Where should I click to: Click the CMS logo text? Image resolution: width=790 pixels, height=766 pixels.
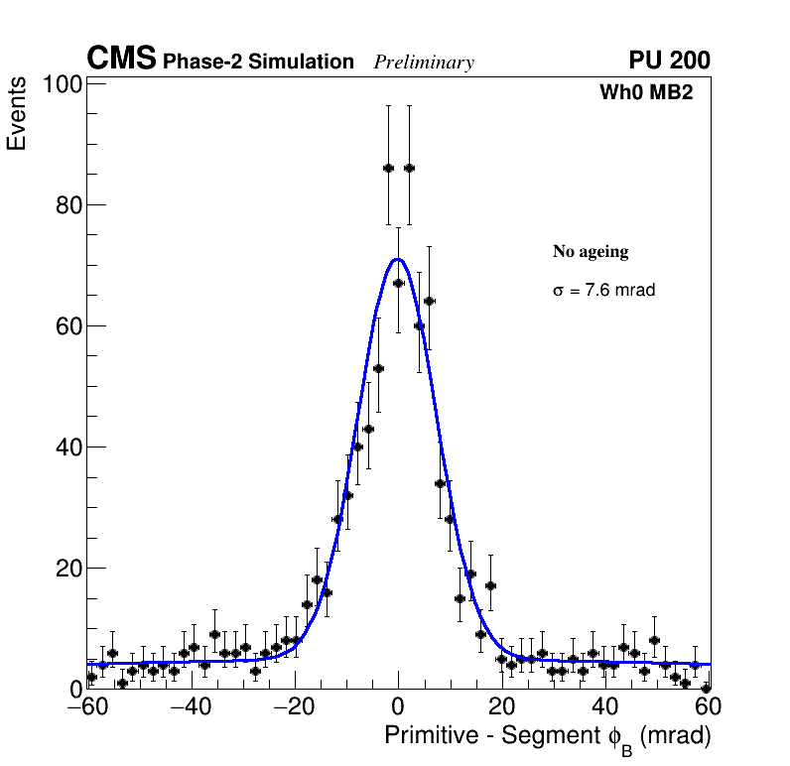tap(121, 60)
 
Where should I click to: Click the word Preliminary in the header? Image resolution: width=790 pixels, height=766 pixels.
tap(424, 63)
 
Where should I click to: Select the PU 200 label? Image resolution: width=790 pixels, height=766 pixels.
tap(669, 61)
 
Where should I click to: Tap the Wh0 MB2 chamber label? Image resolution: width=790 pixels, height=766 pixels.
tap(645, 93)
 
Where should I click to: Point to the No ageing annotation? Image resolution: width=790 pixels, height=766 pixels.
tap(591, 252)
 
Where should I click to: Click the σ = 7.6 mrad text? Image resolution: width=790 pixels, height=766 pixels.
tap(603, 291)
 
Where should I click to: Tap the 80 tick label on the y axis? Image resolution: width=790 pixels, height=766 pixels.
tap(67, 205)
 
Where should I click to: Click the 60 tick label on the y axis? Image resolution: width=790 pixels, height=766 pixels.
tap(67, 326)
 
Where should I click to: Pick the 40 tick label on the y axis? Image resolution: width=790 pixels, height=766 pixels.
tap(67, 447)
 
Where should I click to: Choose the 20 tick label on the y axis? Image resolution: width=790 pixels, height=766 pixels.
tap(67, 569)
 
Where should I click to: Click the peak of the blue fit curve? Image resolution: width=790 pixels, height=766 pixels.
tap(398, 259)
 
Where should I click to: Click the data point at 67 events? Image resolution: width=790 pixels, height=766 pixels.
tap(398, 283)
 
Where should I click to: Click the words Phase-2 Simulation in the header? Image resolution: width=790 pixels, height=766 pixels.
tap(258, 63)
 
